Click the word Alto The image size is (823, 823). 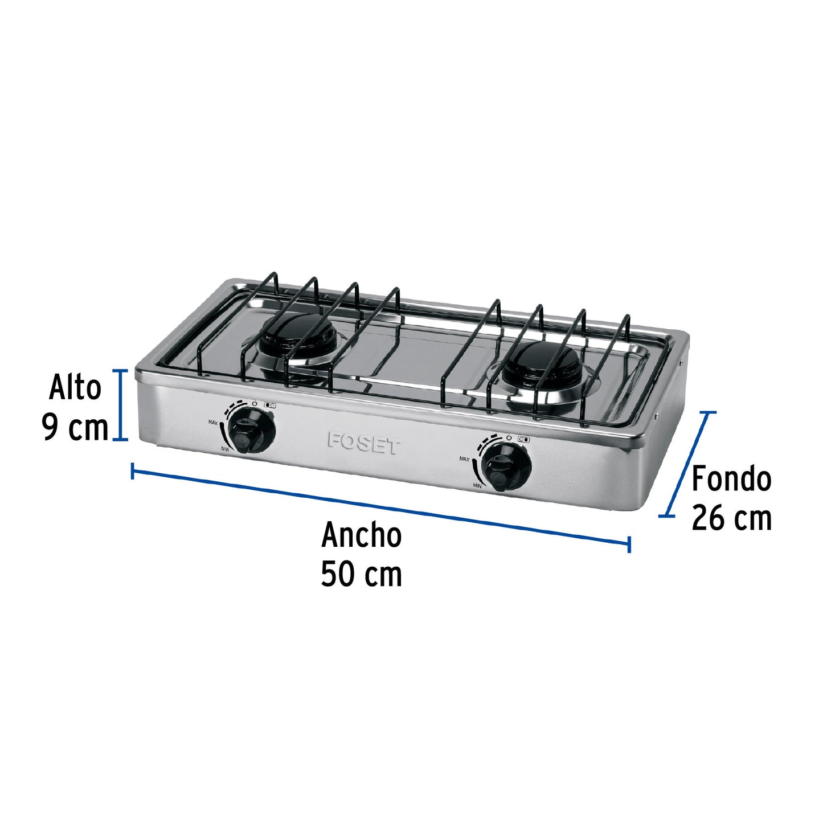75,388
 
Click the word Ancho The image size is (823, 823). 361,535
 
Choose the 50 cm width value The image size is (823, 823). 361,574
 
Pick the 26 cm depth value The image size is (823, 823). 731,518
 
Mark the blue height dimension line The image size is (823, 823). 120,405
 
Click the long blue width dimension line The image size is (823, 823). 380,507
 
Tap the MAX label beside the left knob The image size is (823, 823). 214,423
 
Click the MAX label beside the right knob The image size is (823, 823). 464,458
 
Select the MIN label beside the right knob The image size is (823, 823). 477,485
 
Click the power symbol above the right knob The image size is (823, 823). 509,437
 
